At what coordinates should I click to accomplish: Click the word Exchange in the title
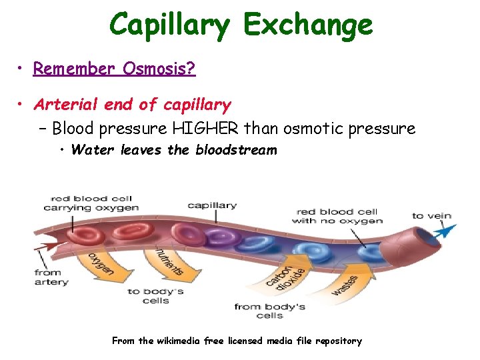point(308,25)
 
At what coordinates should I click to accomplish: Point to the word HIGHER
point(209,128)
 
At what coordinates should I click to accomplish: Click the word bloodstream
point(236,150)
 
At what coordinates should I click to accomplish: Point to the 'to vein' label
point(431,215)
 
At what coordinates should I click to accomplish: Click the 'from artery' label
point(51,277)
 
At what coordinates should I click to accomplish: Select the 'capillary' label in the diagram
point(212,205)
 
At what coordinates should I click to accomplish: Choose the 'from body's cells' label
point(270,311)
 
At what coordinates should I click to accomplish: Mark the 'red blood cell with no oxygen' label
point(337,216)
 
